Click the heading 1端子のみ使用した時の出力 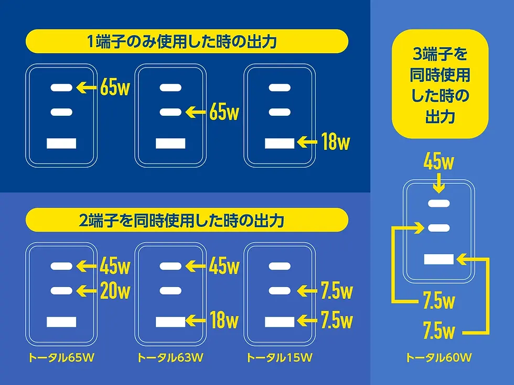(186, 41)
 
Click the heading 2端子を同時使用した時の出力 (186, 220)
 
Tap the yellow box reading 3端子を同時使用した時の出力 (440, 84)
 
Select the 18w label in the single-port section (335, 142)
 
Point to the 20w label (115, 290)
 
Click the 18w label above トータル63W (224, 320)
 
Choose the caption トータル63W (170, 358)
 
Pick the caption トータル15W (280, 358)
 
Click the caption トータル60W (438, 358)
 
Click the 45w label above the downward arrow (439, 163)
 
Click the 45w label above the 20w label (115, 267)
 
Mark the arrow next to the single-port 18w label (306, 142)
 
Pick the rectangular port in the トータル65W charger (61, 322)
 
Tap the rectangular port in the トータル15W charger (280, 322)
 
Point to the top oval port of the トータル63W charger (170, 266)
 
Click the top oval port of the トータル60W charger (439, 204)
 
